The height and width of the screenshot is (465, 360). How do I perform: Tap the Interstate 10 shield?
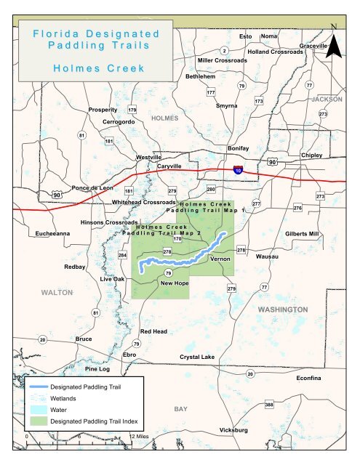click(x=239, y=169)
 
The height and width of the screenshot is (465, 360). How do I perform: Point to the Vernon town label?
click(x=219, y=259)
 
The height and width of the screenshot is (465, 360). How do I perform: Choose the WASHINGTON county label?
click(x=283, y=310)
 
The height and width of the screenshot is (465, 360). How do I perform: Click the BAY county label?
click(x=181, y=410)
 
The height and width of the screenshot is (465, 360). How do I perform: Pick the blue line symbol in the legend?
click(x=38, y=387)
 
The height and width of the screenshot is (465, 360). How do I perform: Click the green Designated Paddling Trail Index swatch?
click(x=38, y=421)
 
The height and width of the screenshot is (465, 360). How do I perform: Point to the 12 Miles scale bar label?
click(x=138, y=437)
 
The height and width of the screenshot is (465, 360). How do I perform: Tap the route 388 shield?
click(x=269, y=404)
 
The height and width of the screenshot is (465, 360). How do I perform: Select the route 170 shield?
click(x=177, y=238)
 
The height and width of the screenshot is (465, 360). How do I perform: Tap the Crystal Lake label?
click(x=197, y=357)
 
